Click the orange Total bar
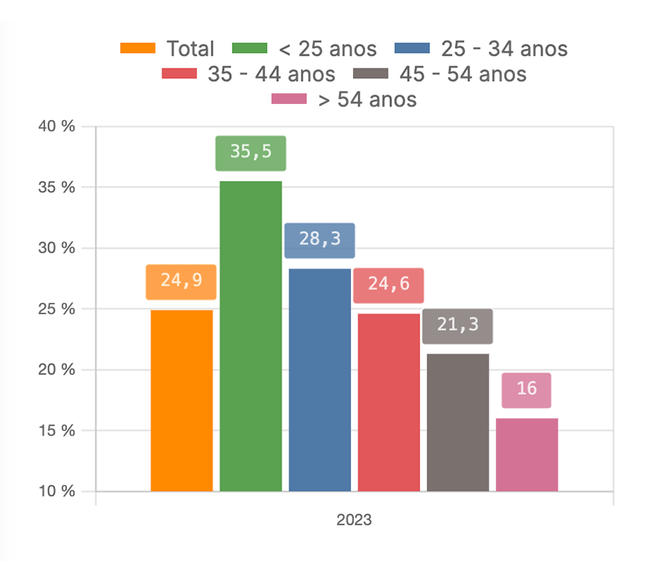tap(182, 400)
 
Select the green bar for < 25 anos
tap(251, 336)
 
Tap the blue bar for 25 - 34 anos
tap(320, 380)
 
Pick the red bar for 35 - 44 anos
tap(389, 403)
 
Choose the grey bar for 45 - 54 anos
tap(458, 422)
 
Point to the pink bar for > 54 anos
tap(527, 455)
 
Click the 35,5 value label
tap(251, 153)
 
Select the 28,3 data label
tap(320, 240)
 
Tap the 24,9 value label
tap(182, 281)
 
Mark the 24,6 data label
tap(389, 285)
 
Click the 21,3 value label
tap(458, 326)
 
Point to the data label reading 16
tap(527, 389)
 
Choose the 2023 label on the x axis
tap(354, 521)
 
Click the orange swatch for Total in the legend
tap(138, 48)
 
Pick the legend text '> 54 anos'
tap(367, 100)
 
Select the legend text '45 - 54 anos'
tap(463, 73)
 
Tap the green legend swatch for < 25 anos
tap(250, 48)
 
